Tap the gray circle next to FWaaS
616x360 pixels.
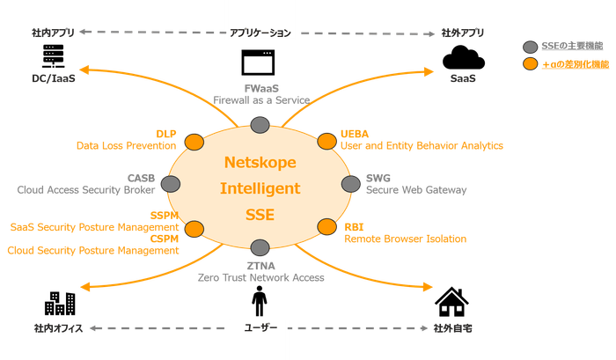click(260, 124)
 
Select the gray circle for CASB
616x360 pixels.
click(171, 183)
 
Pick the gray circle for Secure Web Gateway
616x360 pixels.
click(349, 184)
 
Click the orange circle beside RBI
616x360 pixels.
click(326, 227)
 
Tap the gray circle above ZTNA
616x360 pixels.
click(260, 247)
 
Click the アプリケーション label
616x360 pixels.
click(260, 33)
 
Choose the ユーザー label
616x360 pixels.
click(260, 328)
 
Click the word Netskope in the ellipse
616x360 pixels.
click(260, 163)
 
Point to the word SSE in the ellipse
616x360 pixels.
click(260, 214)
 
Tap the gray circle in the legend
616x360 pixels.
click(529, 46)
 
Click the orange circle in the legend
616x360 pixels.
click(529, 63)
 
